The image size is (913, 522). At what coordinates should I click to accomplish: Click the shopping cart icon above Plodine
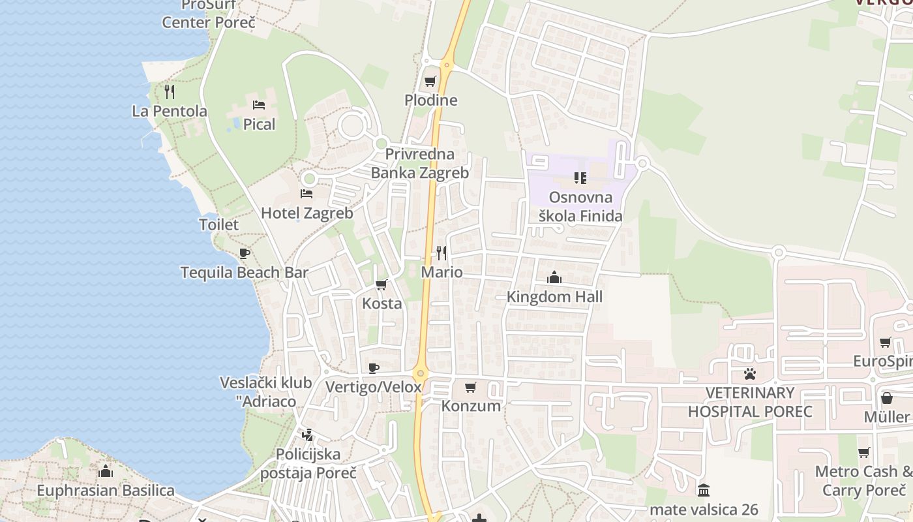pyautogui.click(x=430, y=82)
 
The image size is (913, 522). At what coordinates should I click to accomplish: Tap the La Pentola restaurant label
pyautogui.click(x=170, y=111)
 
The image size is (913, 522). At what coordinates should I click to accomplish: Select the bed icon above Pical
pyautogui.click(x=259, y=104)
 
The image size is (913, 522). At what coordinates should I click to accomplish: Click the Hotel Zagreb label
pyautogui.click(x=307, y=213)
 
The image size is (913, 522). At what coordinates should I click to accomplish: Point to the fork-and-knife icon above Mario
pyautogui.click(x=442, y=253)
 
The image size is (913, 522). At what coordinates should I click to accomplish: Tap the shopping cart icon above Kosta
pyautogui.click(x=382, y=284)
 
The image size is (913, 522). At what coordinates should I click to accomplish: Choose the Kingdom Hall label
pyautogui.click(x=554, y=297)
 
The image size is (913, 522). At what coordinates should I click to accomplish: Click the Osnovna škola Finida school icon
pyautogui.click(x=580, y=177)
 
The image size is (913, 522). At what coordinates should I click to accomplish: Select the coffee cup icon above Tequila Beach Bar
pyautogui.click(x=245, y=253)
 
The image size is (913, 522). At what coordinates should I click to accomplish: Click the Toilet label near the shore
pyautogui.click(x=218, y=224)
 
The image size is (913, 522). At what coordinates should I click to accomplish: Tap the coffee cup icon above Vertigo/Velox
pyautogui.click(x=374, y=368)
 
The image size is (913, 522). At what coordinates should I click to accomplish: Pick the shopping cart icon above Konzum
pyautogui.click(x=471, y=387)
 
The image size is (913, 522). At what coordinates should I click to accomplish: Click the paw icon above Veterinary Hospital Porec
pyautogui.click(x=750, y=374)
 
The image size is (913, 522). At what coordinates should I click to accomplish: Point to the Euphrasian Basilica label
pyautogui.click(x=106, y=490)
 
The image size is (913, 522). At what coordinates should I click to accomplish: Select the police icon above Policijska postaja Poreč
pyautogui.click(x=307, y=435)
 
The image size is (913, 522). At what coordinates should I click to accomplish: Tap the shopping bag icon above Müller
pyautogui.click(x=887, y=397)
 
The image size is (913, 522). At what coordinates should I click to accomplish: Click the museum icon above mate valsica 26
pyautogui.click(x=704, y=490)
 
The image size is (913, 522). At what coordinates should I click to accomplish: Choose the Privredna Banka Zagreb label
pyautogui.click(x=420, y=164)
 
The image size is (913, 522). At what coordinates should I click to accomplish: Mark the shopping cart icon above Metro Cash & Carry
pyautogui.click(x=864, y=452)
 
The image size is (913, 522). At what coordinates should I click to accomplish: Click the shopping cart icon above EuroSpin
pyautogui.click(x=885, y=342)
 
